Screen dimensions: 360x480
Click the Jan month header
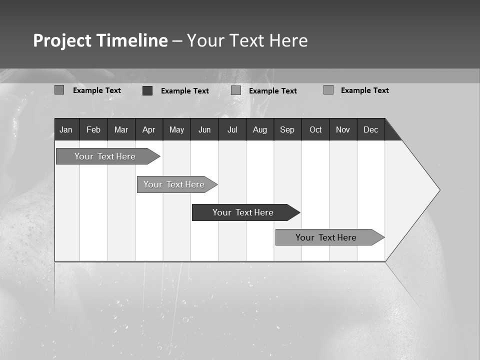(x=66, y=129)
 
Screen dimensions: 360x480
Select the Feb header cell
(x=93, y=129)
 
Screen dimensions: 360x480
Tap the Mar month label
(x=121, y=129)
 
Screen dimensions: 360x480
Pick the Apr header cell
(x=149, y=129)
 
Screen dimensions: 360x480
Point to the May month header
(x=176, y=129)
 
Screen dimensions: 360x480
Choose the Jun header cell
(x=204, y=129)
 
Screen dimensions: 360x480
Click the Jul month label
(x=232, y=129)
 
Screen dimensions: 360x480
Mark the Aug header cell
(x=260, y=129)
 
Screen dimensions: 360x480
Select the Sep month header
(x=287, y=129)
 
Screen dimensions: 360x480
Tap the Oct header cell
(x=315, y=129)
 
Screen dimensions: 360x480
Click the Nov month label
(x=343, y=129)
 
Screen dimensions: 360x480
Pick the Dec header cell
(x=371, y=129)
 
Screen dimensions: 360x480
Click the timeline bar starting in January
(x=105, y=156)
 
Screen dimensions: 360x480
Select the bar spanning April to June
(x=174, y=184)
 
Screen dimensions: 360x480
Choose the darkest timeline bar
(x=243, y=212)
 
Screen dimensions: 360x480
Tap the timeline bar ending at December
(x=326, y=237)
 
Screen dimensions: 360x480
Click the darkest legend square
(x=147, y=90)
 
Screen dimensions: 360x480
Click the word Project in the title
(x=62, y=40)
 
